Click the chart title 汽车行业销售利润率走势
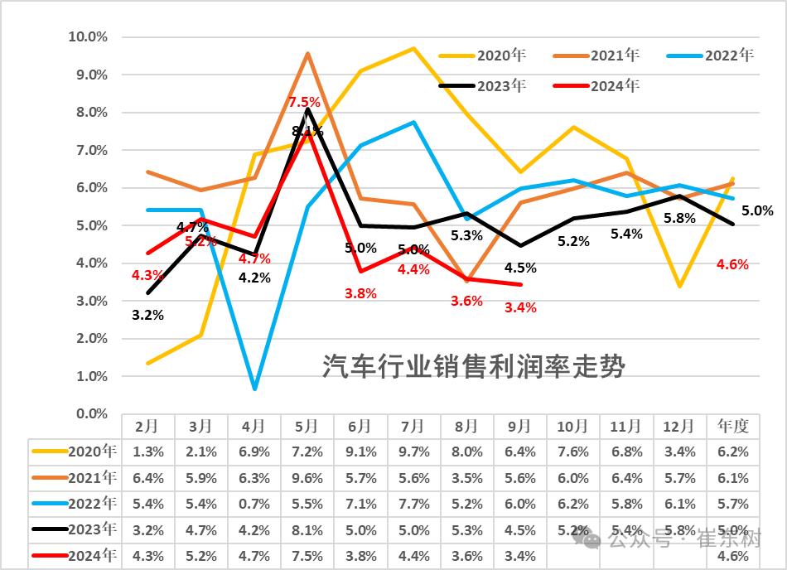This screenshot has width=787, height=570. [473, 366]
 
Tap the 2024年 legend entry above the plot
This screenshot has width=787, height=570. [596, 85]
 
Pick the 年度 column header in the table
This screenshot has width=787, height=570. [732, 426]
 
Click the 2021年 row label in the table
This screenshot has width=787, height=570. [75, 477]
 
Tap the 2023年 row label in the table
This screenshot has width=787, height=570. [75, 529]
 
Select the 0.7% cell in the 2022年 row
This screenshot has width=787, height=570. [253, 504]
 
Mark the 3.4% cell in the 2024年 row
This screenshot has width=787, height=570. [520, 556]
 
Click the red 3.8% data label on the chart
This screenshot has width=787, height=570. [360, 292]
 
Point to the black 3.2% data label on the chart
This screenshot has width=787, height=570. [147, 315]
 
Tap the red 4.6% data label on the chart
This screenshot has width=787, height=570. [732, 265]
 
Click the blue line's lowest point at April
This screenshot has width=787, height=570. [254, 388]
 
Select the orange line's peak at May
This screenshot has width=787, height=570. [308, 54]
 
